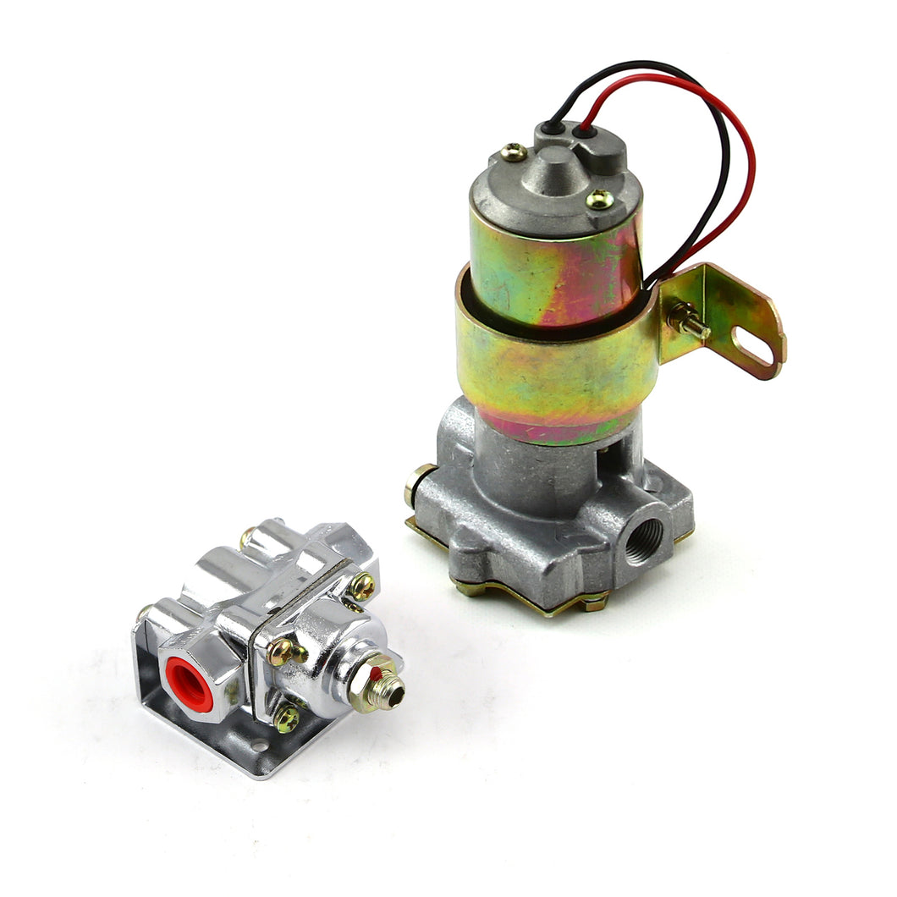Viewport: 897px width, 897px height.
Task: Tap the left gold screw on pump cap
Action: [514, 152]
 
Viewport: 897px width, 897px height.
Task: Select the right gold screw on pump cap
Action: [599, 199]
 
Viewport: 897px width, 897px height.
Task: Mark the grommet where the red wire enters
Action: [585, 132]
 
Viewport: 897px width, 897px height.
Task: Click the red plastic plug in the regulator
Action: [189, 682]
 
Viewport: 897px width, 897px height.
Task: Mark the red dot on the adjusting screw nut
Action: [375, 673]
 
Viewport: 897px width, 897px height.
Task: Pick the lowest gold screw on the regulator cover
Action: [288, 719]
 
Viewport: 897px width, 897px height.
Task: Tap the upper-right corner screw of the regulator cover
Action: [361, 586]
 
